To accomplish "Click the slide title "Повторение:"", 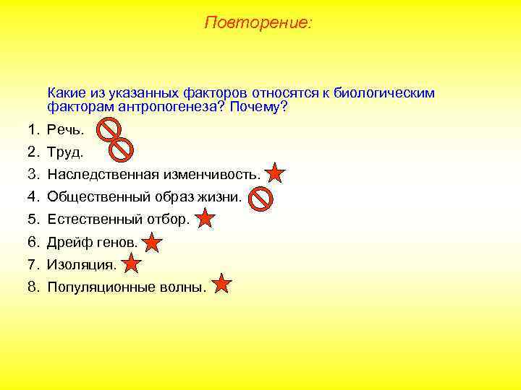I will point(258,23).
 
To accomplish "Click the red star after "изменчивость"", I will point(276,174).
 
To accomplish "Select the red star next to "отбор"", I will point(206,219).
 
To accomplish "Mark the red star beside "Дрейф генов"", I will point(153,242).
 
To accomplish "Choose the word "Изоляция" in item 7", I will point(80,265).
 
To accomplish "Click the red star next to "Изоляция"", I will point(131,264).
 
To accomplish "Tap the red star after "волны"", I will point(222,285).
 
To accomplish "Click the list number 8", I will point(33,287).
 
